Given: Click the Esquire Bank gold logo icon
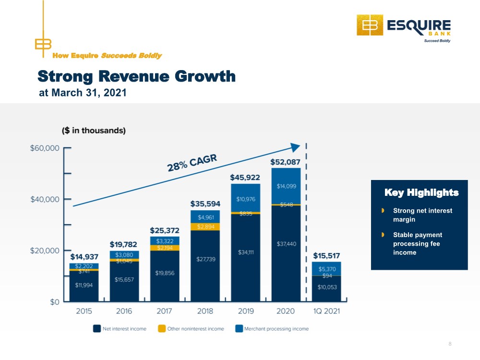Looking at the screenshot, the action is [x=370, y=25].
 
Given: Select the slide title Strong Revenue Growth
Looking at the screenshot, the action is [x=136, y=76].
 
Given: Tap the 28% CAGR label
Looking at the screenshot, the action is [x=192, y=163].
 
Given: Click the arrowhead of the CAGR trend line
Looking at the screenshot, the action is [x=295, y=147].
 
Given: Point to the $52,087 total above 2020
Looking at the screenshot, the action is [x=285, y=162].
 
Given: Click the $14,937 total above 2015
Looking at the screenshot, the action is [x=84, y=256].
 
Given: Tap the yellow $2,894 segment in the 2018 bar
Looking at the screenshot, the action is [x=205, y=227].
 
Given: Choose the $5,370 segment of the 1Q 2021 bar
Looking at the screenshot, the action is [x=326, y=269].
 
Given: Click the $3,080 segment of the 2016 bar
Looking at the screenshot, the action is [x=124, y=255].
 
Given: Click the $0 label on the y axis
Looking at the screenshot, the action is [x=55, y=302].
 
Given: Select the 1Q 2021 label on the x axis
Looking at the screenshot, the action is [x=326, y=311].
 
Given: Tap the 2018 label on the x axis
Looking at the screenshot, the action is [x=205, y=311].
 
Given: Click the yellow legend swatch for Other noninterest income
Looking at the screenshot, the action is [x=162, y=328].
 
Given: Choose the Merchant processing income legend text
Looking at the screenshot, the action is [x=276, y=329].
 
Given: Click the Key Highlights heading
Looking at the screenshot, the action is [x=421, y=192].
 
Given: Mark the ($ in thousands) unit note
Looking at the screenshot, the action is [x=94, y=131].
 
